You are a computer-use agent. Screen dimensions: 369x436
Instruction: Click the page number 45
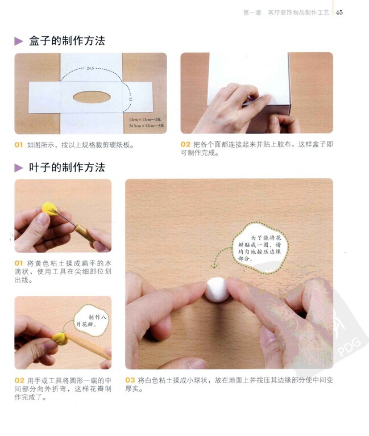[339, 12]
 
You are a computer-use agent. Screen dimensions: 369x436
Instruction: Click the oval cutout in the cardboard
[92, 97]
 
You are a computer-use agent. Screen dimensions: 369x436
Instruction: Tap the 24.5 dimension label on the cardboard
[90, 68]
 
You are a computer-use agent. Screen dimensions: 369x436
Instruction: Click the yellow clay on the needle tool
[49, 209]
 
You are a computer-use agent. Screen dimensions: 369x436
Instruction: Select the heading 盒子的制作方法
[67, 41]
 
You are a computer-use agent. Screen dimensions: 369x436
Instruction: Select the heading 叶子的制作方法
[67, 167]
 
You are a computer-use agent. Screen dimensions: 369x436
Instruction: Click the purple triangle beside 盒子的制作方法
[18, 41]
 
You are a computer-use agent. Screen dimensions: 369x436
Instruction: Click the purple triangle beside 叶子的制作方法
[18, 168]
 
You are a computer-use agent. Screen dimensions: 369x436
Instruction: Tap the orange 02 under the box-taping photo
[185, 144]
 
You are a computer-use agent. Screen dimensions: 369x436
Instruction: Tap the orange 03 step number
[130, 380]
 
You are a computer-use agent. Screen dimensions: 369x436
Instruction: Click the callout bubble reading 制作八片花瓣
[91, 321]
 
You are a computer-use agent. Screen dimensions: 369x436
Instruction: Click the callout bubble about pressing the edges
[260, 248]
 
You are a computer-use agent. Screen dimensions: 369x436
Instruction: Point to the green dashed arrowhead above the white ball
[214, 266]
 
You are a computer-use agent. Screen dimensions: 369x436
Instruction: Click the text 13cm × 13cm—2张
[145, 120]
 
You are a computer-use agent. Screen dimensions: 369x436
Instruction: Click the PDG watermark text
[349, 346]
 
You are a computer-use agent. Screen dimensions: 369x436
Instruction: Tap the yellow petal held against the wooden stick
[60, 338]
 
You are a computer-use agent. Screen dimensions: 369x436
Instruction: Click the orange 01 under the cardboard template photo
[18, 145]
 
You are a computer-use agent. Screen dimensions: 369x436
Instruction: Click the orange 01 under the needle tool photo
[18, 263]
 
